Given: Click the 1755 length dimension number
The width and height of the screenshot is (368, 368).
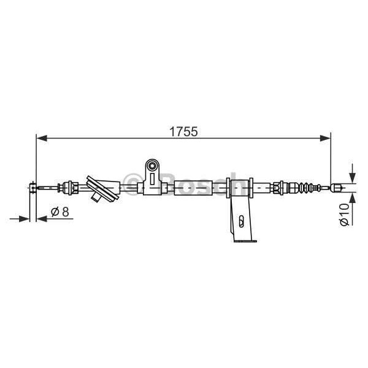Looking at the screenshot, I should coord(183,131).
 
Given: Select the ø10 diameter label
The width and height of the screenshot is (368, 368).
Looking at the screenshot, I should coord(344,214).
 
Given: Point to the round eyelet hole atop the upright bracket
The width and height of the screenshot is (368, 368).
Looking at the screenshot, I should coord(153,166).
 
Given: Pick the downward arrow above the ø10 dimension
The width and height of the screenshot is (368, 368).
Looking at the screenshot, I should coord(351,174).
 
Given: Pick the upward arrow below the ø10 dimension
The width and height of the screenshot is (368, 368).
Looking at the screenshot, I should coord(351,201).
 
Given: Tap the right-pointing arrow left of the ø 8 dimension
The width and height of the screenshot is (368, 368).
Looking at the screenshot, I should coord(25,218).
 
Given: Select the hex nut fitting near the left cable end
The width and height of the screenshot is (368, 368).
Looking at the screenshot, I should coord(68,186).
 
